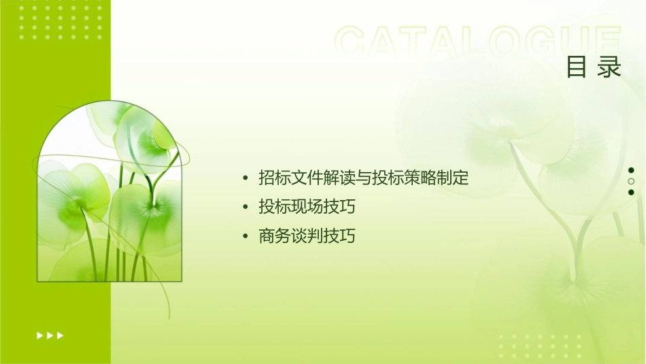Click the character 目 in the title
click(x=577, y=67)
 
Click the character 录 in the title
click(x=610, y=67)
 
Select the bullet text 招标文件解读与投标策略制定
click(x=364, y=178)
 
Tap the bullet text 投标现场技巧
click(x=307, y=207)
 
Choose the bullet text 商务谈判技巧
click(x=307, y=236)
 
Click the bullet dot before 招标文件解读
click(x=245, y=179)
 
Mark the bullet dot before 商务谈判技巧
click(x=245, y=237)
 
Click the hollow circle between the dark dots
click(x=631, y=182)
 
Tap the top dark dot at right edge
click(x=631, y=170)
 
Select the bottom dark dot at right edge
click(x=631, y=193)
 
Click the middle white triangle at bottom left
click(x=50, y=335)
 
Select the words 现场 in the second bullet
click(x=307, y=207)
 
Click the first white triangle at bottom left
click(x=39, y=335)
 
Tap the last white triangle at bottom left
click(x=61, y=335)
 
